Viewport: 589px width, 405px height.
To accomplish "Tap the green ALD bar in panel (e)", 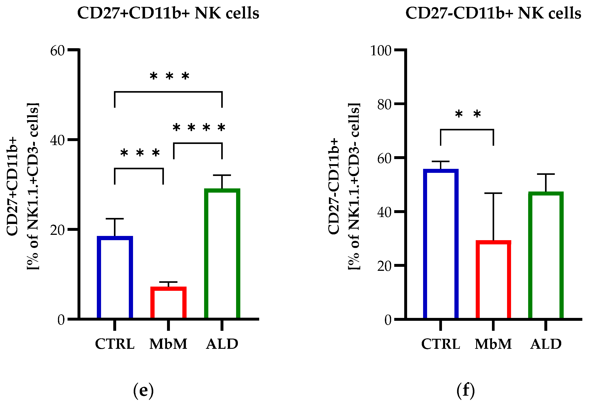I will click(x=222, y=254).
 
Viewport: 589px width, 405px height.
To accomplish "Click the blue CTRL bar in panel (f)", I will click(x=441, y=244).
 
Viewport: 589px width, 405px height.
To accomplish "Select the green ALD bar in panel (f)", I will click(x=546, y=255).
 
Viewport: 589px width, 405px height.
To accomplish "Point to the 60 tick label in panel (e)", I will click(x=57, y=51).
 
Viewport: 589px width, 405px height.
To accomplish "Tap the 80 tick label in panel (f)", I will click(x=384, y=105).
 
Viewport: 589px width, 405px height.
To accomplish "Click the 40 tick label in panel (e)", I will click(x=57, y=140).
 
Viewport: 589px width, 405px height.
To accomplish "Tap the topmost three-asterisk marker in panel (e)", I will click(x=169, y=76).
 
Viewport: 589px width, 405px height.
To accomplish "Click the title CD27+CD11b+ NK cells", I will click(x=168, y=13).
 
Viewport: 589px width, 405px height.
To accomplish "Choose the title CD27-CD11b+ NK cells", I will click(x=493, y=13).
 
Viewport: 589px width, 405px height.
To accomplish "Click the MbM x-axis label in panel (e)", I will click(x=168, y=344).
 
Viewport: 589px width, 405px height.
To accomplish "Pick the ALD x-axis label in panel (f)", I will click(x=546, y=344).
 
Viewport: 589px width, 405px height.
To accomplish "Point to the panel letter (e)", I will click(x=143, y=391).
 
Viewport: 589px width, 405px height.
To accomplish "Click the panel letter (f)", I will click(x=466, y=391).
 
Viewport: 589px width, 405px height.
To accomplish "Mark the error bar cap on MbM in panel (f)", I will click(x=493, y=193).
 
